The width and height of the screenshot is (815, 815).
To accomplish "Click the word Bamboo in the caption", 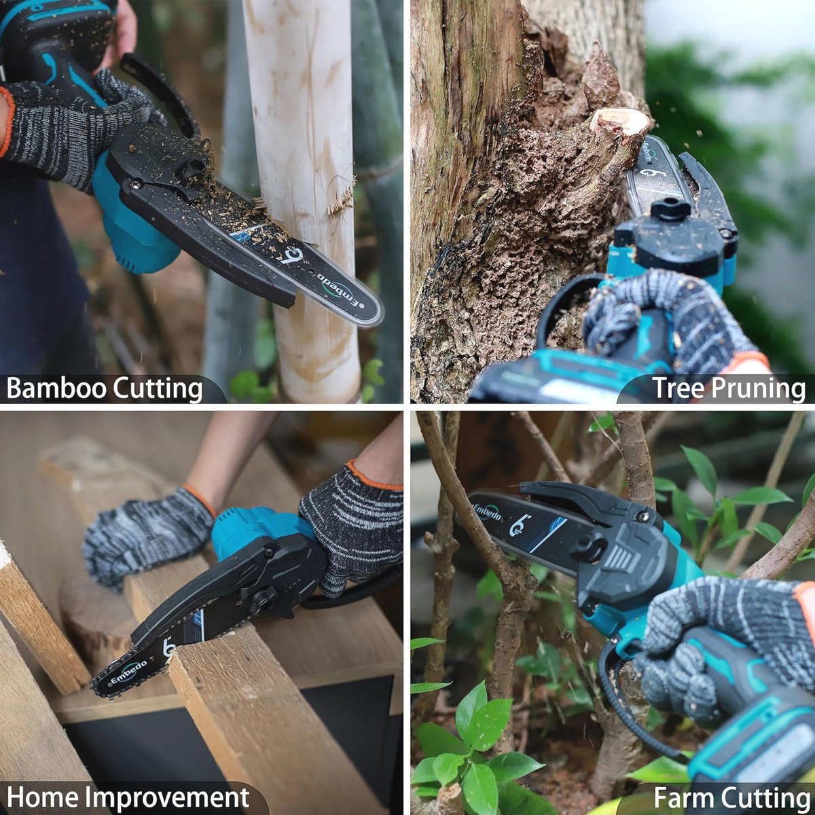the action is pos(56,388).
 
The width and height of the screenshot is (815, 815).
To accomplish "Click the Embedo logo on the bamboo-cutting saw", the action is pos(338,290).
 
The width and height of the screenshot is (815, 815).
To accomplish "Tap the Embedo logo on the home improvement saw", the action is pos(129,670).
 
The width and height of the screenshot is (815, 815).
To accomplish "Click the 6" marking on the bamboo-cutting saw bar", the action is pos(291,255).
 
